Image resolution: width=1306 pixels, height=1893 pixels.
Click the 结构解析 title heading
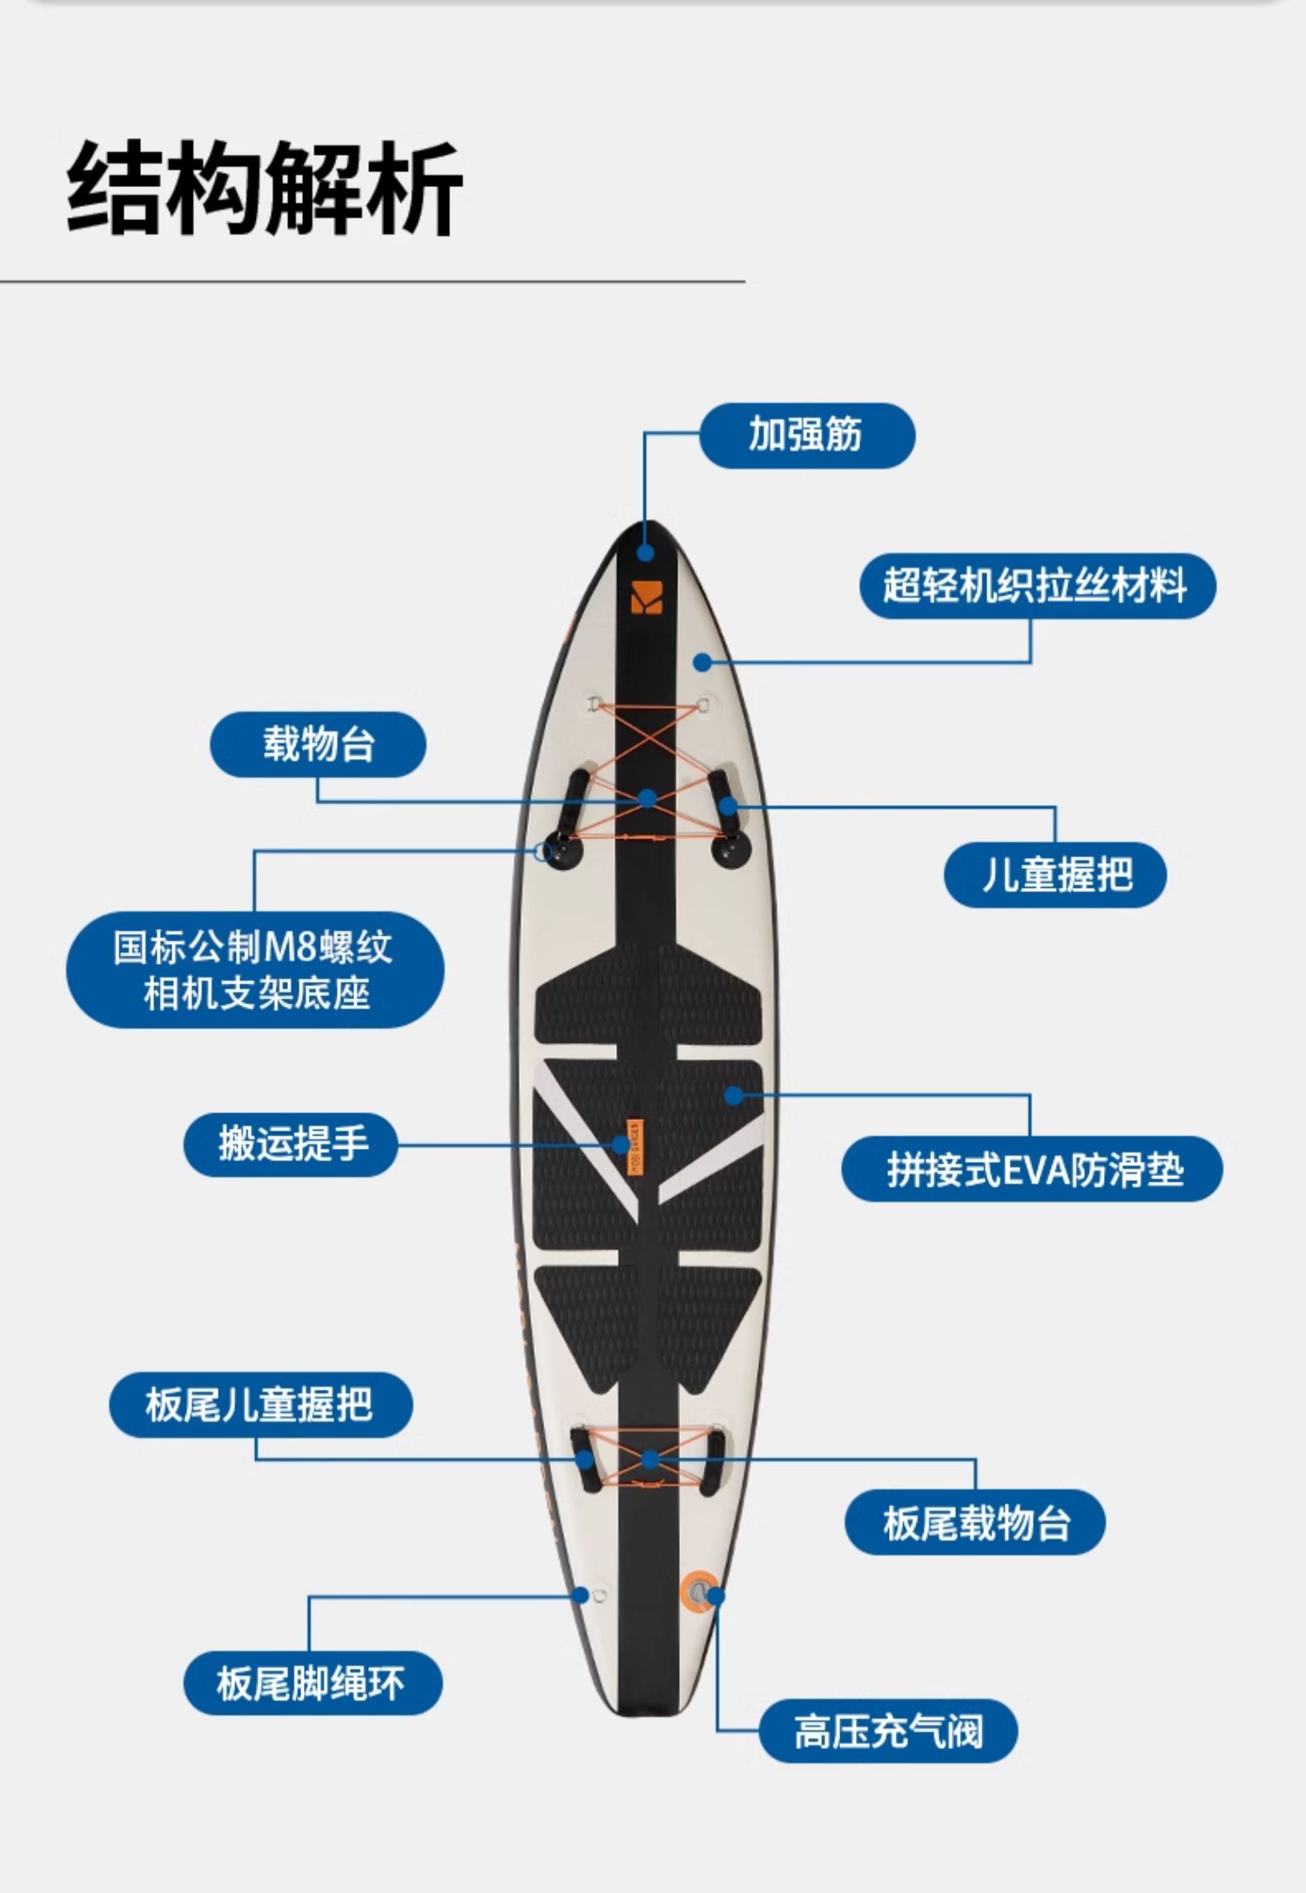pyautogui.click(x=264, y=188)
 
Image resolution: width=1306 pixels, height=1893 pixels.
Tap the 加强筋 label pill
pyautogui.click(x=806, y=435)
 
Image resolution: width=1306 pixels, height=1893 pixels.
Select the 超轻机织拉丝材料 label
pyautogui.click(x=1036, y=586)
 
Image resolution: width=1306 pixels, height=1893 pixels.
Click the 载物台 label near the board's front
pyautogui.click(x=318, y=744)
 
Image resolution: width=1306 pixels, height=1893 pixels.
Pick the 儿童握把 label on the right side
pyautogui.click(x=1055, y=875)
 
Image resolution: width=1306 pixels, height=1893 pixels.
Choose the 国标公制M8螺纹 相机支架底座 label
pyautogui.click(x=254, y=970)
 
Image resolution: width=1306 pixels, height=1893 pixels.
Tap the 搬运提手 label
pyautogui.click(x=291, y=1145)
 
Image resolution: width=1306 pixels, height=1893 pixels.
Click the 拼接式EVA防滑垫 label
pyautogui.click(x=1033, y=1170)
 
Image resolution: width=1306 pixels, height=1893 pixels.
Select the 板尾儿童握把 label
pyautogui.click(x=259, y=1406)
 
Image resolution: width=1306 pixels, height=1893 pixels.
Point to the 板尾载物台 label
pyautogui.click(x=974, y=1523)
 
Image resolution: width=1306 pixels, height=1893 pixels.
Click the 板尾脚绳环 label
pyautogui.click(x=312, y=1683)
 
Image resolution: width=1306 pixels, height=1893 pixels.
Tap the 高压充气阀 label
pyautogui.click(x=887, y=1732)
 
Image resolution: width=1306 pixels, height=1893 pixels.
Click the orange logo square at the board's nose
pyautogui.click(x=646, y=596)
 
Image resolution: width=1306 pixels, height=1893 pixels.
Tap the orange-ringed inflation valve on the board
pyautogui.click(x=698, y=1594)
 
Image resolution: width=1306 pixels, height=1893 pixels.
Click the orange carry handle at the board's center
pyautogui.click(x=635, y=1145)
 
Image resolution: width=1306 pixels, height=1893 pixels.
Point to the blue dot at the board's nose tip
pyautogui.click(x=645, y=553)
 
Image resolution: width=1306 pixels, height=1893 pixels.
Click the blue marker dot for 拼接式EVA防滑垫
pyautogui.click(x=734, y=1095)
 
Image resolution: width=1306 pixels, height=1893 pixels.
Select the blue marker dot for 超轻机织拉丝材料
pyautogui.click(x=702, y=662)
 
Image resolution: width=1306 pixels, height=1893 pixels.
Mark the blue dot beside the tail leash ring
pyautogui.click(x=581, y=1595)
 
